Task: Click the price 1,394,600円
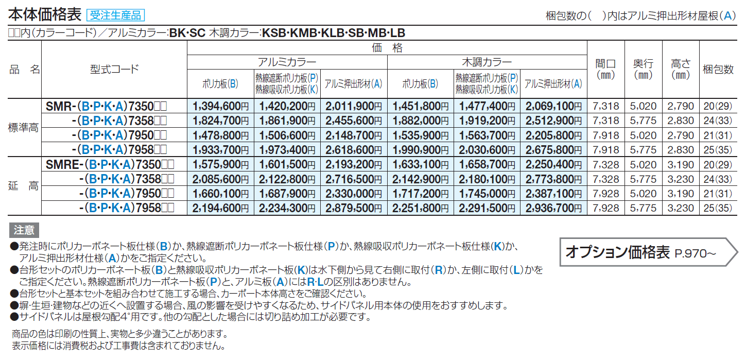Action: [220, 107]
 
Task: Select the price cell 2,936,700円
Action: [553, 208]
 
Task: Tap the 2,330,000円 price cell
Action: [353, 193]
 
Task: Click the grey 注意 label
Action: [24, 230]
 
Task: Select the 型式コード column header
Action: [114, 69]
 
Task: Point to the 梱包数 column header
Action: [718, 69]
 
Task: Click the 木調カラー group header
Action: [487, 62]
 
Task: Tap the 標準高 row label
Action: [24, 128]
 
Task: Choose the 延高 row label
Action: [24, 186]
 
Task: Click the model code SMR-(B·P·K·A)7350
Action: [107, 107]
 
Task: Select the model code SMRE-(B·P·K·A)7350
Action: [107, 164]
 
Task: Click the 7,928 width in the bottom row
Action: [605, 208]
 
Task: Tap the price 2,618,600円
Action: [353, 150]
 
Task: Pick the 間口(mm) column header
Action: [605, 69]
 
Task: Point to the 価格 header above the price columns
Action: [387, 48]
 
